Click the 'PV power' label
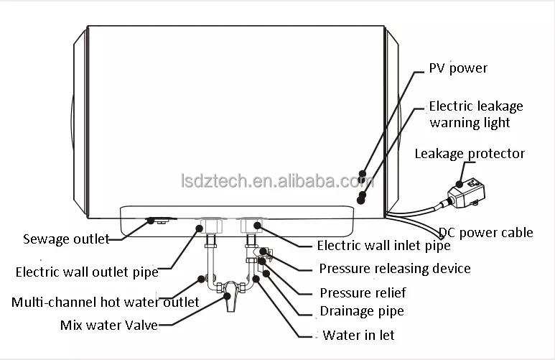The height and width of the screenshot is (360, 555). [x=458, y=68]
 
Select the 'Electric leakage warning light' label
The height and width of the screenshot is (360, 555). [x=476, y=114]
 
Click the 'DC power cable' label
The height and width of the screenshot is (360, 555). [x=486, y=232]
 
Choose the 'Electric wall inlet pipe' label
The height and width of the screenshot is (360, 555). [x=383, y=246]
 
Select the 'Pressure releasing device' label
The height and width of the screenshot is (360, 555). [x=394, y=269]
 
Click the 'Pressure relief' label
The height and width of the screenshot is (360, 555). [x=362, y=292]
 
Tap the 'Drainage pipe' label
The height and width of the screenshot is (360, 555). [x=361, y=311]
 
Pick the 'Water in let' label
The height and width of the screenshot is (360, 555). [x=358, y=335]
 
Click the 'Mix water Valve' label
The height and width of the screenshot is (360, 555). [x=108, y=324]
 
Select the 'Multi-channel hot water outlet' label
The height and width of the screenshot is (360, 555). [x=105, y=302]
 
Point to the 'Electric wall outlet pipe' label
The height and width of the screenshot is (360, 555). [x=86, y=272]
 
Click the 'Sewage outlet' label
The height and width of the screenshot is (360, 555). [x=65, y=239]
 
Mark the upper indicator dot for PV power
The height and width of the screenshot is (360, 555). [x=364, y=174]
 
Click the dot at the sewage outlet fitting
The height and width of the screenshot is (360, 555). [x=151, y=221]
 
